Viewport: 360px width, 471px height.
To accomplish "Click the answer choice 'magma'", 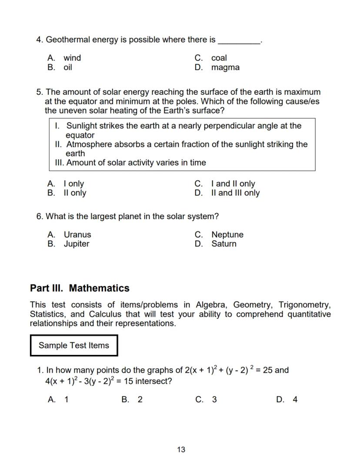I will [x=225, y=67].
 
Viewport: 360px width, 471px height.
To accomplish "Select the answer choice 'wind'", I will [x=72, y=58].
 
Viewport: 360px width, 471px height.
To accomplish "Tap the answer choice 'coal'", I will [x=219, y=58].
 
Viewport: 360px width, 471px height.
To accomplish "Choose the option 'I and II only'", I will [x=233, y=184].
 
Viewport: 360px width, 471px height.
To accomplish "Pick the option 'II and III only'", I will [x=235, y=193].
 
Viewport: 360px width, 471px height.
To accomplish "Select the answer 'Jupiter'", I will [x=77, y=244].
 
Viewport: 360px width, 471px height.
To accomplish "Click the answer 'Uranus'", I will [x=77, y=234].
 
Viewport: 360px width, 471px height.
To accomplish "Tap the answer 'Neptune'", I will [x=227, y=234].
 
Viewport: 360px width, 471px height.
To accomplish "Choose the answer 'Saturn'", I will [x=224, y=244].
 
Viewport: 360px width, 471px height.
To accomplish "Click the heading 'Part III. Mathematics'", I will [x=80, y=288].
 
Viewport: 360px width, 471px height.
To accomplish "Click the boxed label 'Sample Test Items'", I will [x=74, y=345].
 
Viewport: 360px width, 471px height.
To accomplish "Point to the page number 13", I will [x=181, y=450].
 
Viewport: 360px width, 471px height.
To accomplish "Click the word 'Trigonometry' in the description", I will [x=304, y=304].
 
